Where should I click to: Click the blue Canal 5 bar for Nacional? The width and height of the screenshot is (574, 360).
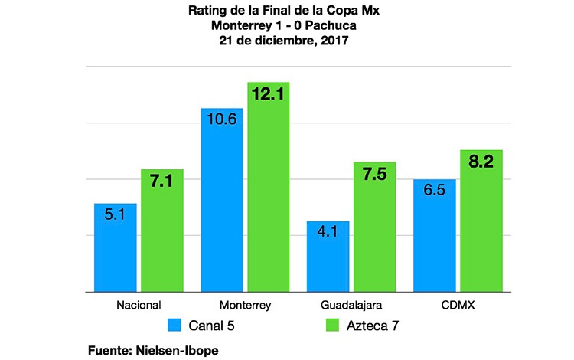click(116, 247)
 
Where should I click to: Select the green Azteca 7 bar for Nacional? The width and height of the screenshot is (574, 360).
click(162, 231)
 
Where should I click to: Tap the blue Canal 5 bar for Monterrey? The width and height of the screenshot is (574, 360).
click(222, 200)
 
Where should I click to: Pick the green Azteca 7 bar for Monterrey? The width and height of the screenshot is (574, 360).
click(269, 187)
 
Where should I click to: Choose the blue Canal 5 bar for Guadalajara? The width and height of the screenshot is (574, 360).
click(328, 257)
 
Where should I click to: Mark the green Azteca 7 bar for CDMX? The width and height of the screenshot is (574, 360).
click(481, 221)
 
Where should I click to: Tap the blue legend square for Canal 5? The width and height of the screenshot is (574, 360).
click(176, 326)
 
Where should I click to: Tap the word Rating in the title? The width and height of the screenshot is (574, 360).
click(206, 11)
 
